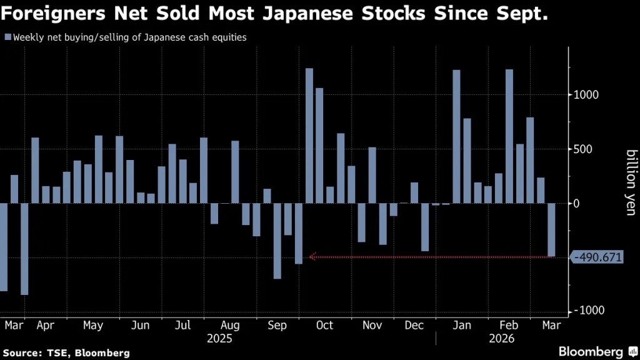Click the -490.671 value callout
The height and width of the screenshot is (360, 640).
point(598,257)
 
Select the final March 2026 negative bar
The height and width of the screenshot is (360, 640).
point(551,229)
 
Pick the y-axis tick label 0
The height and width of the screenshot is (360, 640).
point(579,204)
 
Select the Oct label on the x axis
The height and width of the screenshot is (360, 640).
point(325,326)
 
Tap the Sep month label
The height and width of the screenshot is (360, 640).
point(277,326)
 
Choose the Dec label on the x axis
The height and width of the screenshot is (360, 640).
point(414,326)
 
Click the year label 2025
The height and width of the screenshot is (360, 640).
point(219,339)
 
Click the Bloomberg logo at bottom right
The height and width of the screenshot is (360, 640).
point(592,351)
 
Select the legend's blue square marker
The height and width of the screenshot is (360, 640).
point(7,37)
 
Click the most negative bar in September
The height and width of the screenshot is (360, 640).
point(277,241)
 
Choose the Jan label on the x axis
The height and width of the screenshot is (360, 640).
point(461,326)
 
